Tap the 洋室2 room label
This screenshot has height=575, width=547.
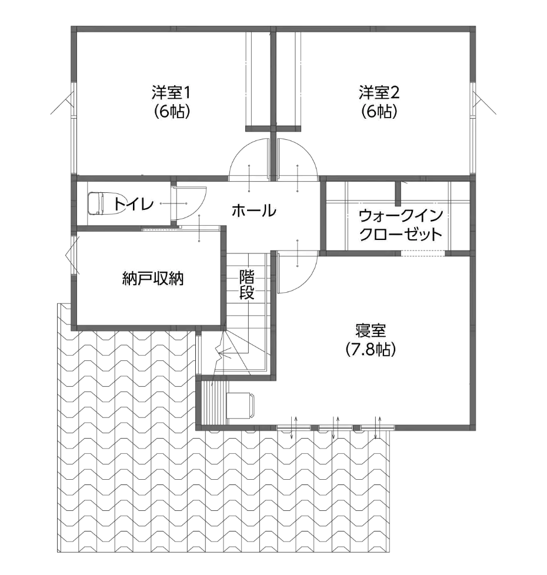pyautogui.click(x=379, y=92)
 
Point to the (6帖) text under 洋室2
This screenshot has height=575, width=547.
pyautogui.click(x=379, y=112)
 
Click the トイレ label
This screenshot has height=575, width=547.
pyautogui.click(x=135, y=204)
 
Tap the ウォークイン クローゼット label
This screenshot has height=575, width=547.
pyautogui.click(x=401, y=225)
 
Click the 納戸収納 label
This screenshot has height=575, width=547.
pyautogui.click(x=154, y=279)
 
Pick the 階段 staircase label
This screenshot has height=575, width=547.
pyautogui.click(x=247, y=285)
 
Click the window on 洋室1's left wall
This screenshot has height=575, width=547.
pyautogui.click(x=75, y=128)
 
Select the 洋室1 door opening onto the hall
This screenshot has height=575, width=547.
pyautogui.click(x=245, y=178)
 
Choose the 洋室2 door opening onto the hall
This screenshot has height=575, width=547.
pyautogui.click(x=298, y=178)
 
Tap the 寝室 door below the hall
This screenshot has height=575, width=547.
pyautogui.click(x=298, y=253)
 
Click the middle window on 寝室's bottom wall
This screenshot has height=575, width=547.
pyautogui.click(x=336, y=427)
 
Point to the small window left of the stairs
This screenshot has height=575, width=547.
pyautogui.click(x=198, y=354)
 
